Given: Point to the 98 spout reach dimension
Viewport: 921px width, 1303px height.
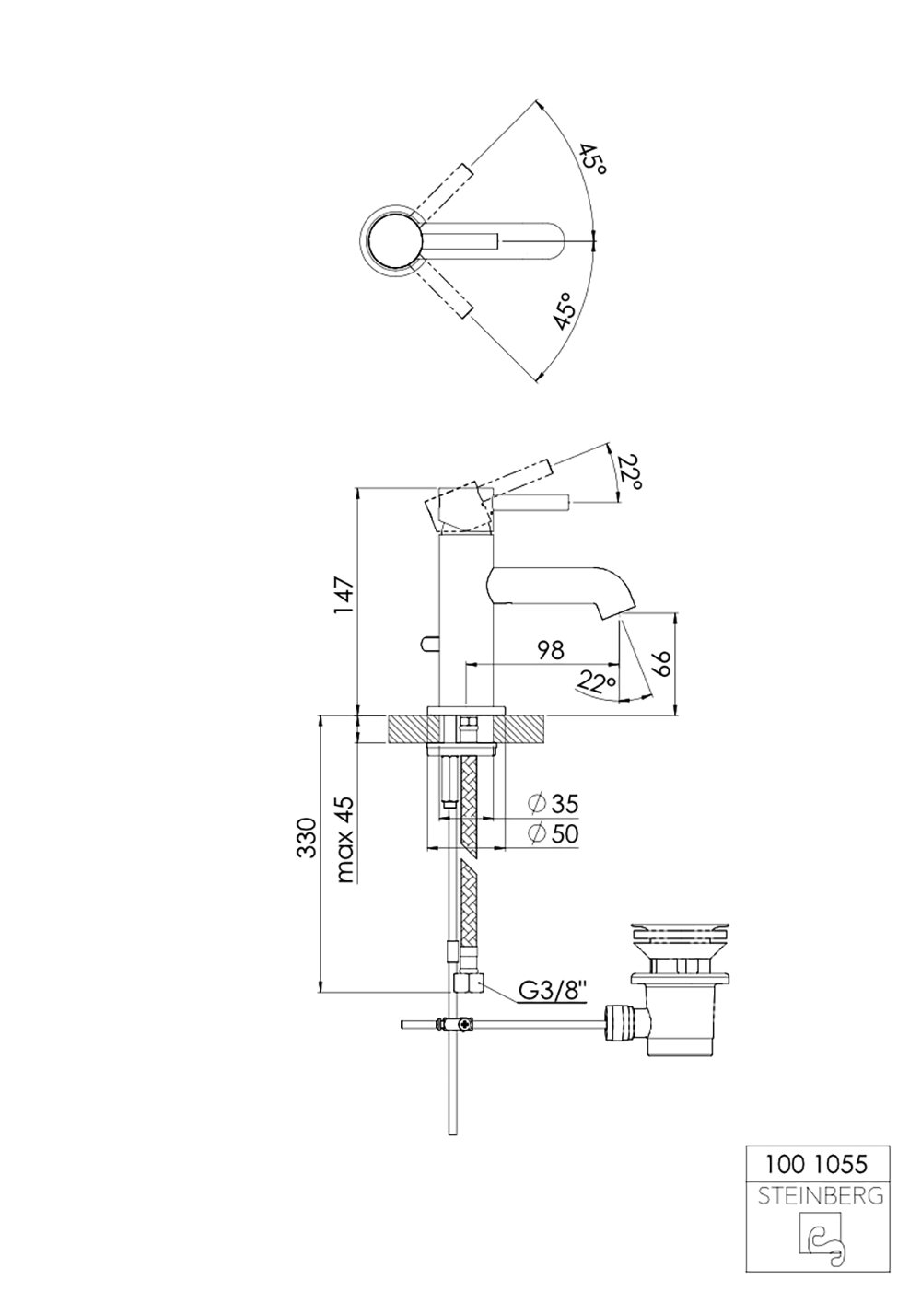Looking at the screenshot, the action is pyautogui.click(x=551, y=650).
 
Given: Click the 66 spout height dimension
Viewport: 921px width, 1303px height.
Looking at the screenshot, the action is pyautogui.click(x=662, y=664).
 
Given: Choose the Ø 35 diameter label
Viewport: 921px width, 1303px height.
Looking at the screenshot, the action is pyautogui.click(x=553, y=804).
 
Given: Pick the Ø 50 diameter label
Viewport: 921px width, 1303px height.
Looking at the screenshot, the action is pyautogui.click(x=553, y=834).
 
